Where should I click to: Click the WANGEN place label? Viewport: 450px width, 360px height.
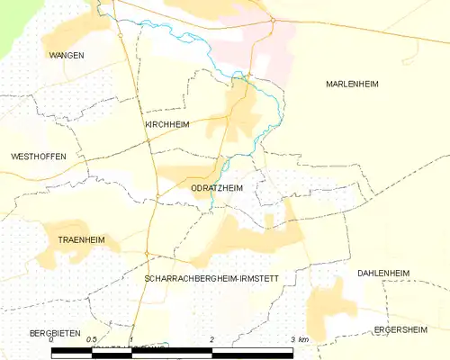67,55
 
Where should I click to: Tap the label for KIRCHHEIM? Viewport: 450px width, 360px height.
166,125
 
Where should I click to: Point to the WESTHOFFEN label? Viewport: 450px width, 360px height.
39,157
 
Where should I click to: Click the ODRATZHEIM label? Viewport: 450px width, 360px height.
217,188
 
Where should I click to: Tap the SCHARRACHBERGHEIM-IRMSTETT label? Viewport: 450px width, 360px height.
211,280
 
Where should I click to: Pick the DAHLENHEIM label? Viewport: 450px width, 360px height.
382,273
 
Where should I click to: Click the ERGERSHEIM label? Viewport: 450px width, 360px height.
400,330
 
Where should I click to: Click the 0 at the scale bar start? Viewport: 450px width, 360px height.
51,340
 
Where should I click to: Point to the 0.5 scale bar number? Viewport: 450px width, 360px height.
91,340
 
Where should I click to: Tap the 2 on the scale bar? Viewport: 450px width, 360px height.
211,340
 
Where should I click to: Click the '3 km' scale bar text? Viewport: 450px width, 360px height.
298,340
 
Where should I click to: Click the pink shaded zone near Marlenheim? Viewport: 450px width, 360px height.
274,49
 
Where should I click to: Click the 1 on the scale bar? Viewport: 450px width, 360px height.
131,340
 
